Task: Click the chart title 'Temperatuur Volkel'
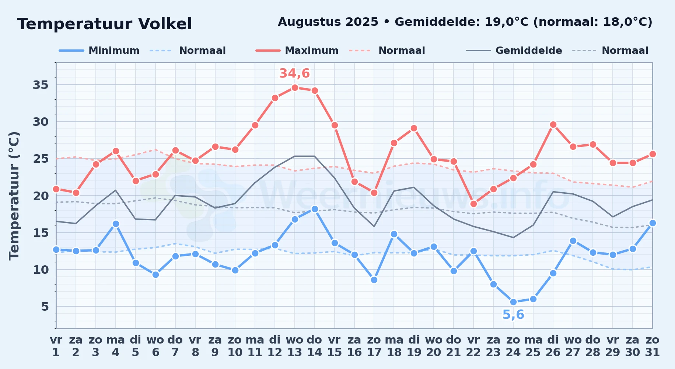pos(105,24)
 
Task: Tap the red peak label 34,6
pos(294,73)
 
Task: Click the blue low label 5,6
pos(513,315)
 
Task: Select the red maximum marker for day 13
pos(295,87)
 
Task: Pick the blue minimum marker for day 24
pos(513,302)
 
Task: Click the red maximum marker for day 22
pos(473,204)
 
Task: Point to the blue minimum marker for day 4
pos(116,224)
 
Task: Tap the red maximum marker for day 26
pos(553,124)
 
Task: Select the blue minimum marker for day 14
pos(315,209)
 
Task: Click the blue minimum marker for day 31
pos(653,223)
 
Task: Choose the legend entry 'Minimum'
pos(99,51)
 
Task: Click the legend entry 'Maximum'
pos(297,51)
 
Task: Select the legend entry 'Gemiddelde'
pos(514,51)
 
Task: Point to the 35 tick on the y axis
pos(41,85)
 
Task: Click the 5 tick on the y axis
pos(45,306)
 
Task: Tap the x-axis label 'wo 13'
pos(295,346)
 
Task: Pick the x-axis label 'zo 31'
pos(653,346)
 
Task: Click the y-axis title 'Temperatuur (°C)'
pos(14,196)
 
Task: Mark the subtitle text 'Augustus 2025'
pos(328,22)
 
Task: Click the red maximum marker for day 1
pos(56,189)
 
